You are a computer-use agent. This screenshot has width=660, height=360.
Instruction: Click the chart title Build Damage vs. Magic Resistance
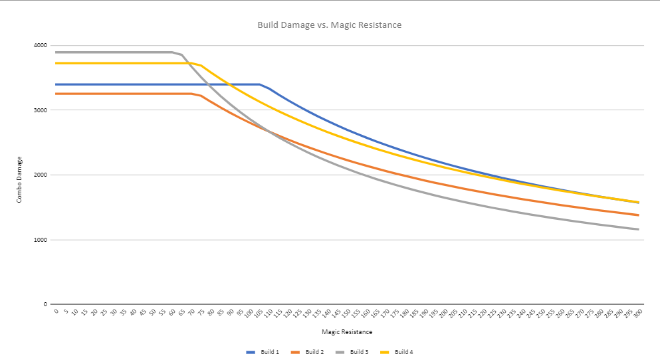[x=329, y=25]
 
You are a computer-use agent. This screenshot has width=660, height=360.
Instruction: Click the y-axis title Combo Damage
[x=20, y=179]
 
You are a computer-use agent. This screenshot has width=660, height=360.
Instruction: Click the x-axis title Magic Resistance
[x=346, y=331]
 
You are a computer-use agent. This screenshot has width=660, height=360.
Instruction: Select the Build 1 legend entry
[x=263, y=352]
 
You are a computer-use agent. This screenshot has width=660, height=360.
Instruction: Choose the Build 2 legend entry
[x=307, y=352]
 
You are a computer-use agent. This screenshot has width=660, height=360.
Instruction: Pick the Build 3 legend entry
[x=352, y=352]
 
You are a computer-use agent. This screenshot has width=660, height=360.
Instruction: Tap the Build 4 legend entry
[x=397, y=352]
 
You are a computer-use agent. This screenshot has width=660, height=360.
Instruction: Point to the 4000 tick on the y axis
[x=40, y=46]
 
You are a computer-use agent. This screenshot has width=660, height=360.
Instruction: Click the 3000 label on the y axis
[x=40, y=110]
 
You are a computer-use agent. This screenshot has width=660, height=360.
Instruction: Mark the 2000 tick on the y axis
[x=40, y=175]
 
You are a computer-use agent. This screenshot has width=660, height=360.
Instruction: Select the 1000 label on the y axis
[x=40, y=240]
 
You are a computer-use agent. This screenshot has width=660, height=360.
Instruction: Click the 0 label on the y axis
[x=45, y=305]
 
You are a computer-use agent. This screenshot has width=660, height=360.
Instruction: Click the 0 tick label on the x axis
[x=56, y=311]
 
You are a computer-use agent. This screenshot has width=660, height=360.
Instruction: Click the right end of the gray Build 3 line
[x=639, y=230]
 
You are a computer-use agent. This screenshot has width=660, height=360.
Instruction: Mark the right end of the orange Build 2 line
[x=639, y=215]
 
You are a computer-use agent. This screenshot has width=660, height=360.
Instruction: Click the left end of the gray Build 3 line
[x=56, y=52]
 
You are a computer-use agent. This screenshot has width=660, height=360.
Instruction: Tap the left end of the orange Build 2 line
[x=56, y=94]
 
